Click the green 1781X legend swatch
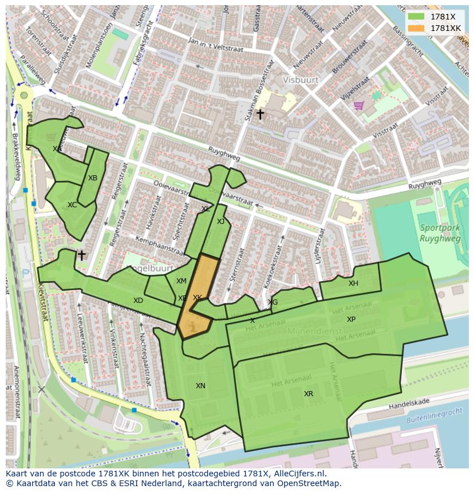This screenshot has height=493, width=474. click(x=416, y=17)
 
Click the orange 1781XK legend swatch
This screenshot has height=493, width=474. click(x=416, y=27)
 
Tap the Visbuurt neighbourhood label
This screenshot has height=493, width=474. click(x=299, y=80)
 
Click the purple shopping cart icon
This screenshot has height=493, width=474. click(x=359, y=105)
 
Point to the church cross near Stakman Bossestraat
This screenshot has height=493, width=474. click(x=260, y=115)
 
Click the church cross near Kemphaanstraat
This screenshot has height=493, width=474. click(x=82, y=255)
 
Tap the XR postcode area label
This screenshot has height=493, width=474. click(x=309, y=394)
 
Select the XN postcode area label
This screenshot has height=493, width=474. click(x=200, y=386)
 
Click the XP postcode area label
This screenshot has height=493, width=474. click(x=351, y=320)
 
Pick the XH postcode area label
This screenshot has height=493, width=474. click(x=353, y=283)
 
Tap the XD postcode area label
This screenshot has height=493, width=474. click(x=138, y=301)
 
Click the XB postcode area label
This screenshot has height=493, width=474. click(x=93, y=178)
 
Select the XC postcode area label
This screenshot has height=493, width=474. click(x=72, y=205)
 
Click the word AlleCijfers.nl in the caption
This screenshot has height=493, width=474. click(x=298, y=474)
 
